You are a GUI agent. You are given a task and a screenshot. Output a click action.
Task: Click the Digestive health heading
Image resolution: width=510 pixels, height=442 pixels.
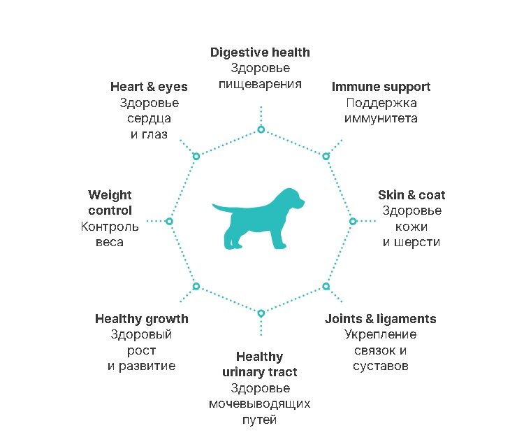[260, 52]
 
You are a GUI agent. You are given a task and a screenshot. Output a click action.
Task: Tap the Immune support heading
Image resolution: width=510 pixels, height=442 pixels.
[381, 87]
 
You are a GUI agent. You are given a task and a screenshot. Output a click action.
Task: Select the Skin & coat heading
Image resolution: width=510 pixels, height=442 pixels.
[411, 195]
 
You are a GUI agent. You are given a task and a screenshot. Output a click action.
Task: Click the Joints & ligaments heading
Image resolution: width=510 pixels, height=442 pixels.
[380, 319]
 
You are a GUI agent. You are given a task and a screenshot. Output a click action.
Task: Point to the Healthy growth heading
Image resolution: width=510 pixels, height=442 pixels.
[142, 319]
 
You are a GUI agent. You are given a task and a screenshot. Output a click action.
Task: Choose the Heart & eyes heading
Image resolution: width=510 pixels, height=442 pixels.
[149, 87]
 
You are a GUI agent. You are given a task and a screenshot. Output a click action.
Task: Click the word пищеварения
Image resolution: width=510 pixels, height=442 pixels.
[260, 84]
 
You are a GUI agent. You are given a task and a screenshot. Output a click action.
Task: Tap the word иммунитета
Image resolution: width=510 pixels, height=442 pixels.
[381, 118]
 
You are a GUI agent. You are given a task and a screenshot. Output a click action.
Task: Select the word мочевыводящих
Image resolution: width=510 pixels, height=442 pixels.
[260, 404]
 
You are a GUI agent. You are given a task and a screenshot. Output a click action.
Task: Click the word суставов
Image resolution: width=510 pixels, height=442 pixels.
[380, 366]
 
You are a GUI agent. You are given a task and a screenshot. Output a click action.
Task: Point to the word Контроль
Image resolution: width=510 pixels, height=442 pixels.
[110, 227]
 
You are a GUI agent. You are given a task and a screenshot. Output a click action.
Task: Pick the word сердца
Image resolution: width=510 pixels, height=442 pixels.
[149, 118]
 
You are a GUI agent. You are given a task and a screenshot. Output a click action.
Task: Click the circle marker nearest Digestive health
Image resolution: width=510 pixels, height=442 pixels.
[261, 129]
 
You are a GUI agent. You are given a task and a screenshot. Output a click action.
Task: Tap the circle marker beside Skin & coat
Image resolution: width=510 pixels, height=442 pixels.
[353, 221]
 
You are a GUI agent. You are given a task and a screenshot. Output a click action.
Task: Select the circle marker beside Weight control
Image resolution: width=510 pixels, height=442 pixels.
[169, 221]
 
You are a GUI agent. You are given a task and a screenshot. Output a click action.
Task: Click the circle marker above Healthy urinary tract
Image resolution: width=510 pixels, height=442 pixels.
[261, 313]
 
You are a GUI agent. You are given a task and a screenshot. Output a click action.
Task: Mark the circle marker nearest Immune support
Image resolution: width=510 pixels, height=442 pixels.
[326, 156]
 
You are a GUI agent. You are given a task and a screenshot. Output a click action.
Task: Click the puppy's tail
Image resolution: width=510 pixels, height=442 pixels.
[219, 208]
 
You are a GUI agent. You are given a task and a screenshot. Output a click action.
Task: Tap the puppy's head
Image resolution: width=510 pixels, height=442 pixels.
[291, 200]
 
